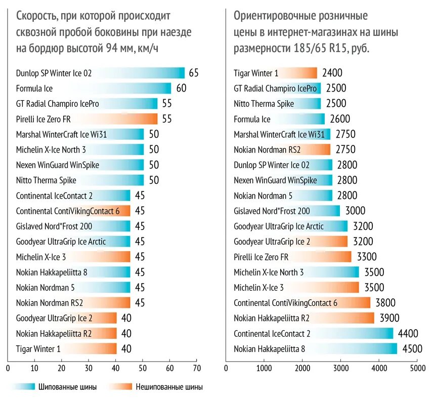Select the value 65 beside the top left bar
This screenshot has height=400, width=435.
(x=194, y=73)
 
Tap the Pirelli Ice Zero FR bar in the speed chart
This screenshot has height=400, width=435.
(x=86, y=119)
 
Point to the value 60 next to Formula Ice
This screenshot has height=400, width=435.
(x=182, y=89)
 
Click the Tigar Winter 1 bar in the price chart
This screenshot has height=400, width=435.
(x=275, y=73)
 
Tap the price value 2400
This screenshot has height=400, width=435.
(x=332, y=73)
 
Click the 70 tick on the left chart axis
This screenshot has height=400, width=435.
(x=197, y=368)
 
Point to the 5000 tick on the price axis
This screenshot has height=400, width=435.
(x=417, y=368)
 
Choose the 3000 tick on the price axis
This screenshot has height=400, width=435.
(x=340, y=368)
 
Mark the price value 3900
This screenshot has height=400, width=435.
(x=389, y=318)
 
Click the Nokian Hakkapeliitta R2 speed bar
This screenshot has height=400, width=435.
(x=66, y=333)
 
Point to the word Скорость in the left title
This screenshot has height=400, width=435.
(x=36, y=16)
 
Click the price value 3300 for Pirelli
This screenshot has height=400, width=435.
(x=367, y=257)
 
